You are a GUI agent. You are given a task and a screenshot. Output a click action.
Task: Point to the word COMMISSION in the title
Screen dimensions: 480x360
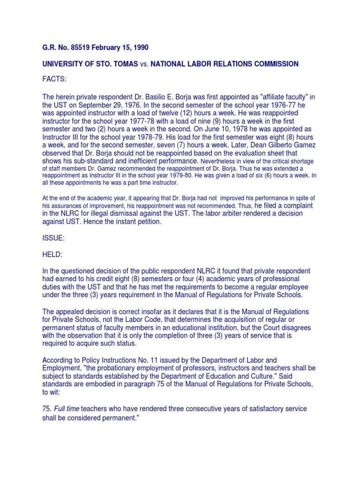coord(272,64)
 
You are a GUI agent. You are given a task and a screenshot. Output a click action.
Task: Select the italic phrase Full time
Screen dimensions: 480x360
coord(67,409)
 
